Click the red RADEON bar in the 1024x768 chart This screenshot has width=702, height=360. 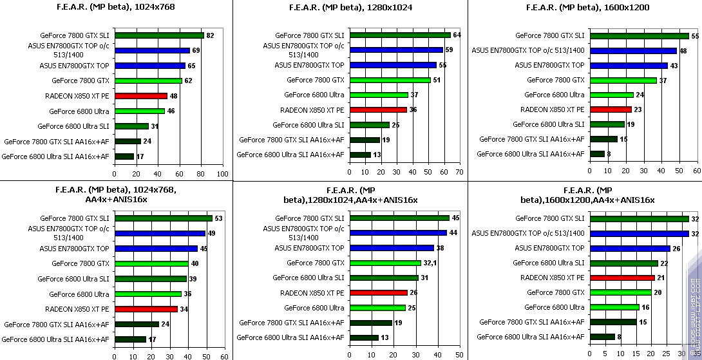click(x=141, y=96)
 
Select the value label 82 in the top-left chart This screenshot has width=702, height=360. click(x=210, y=35)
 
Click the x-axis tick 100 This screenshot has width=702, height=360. click(x=222, y=174)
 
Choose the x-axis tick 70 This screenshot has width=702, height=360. click(x=459, y=172)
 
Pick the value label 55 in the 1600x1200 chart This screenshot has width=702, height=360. click(x=694, y=36)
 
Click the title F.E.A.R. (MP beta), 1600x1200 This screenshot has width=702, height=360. click(x=587, y=7)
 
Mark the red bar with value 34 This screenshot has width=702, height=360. click(x=146, y=309)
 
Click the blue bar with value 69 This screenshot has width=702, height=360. click(x=152, y=50)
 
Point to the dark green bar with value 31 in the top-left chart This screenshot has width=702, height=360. click(x=132, y=126)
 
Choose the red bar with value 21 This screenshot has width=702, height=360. click(x=622, y=278)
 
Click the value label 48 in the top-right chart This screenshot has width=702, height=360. click(x=683, y=51)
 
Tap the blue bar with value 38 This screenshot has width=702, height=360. click(x=392, y=248)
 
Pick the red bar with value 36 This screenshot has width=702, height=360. click(x=379, y=109)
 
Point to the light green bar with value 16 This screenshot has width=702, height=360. click(x=614, y=307)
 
